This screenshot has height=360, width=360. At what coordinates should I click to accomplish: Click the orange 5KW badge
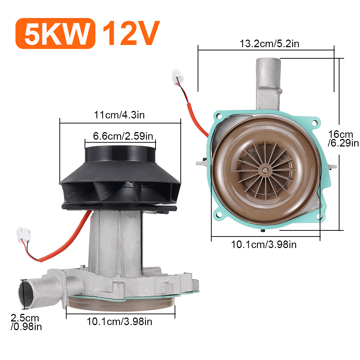[55, 33]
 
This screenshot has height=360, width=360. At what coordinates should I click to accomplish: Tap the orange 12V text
[131, 33]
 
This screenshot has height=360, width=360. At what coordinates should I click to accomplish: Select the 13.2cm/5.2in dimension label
[269, 44]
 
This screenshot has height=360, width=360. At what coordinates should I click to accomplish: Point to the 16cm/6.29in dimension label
[343, 139]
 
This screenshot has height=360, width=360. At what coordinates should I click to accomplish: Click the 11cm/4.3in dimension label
[119, 115]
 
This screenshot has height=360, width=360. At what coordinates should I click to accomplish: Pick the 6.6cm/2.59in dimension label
[123, 136]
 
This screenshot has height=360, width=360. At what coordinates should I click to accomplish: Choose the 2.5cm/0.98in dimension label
[26, 322]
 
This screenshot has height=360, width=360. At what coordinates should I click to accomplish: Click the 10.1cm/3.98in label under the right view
[264, 244]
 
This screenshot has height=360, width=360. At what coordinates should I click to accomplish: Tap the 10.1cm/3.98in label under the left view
[120, 321]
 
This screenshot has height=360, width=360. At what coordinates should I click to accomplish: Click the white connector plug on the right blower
[178, 77]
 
